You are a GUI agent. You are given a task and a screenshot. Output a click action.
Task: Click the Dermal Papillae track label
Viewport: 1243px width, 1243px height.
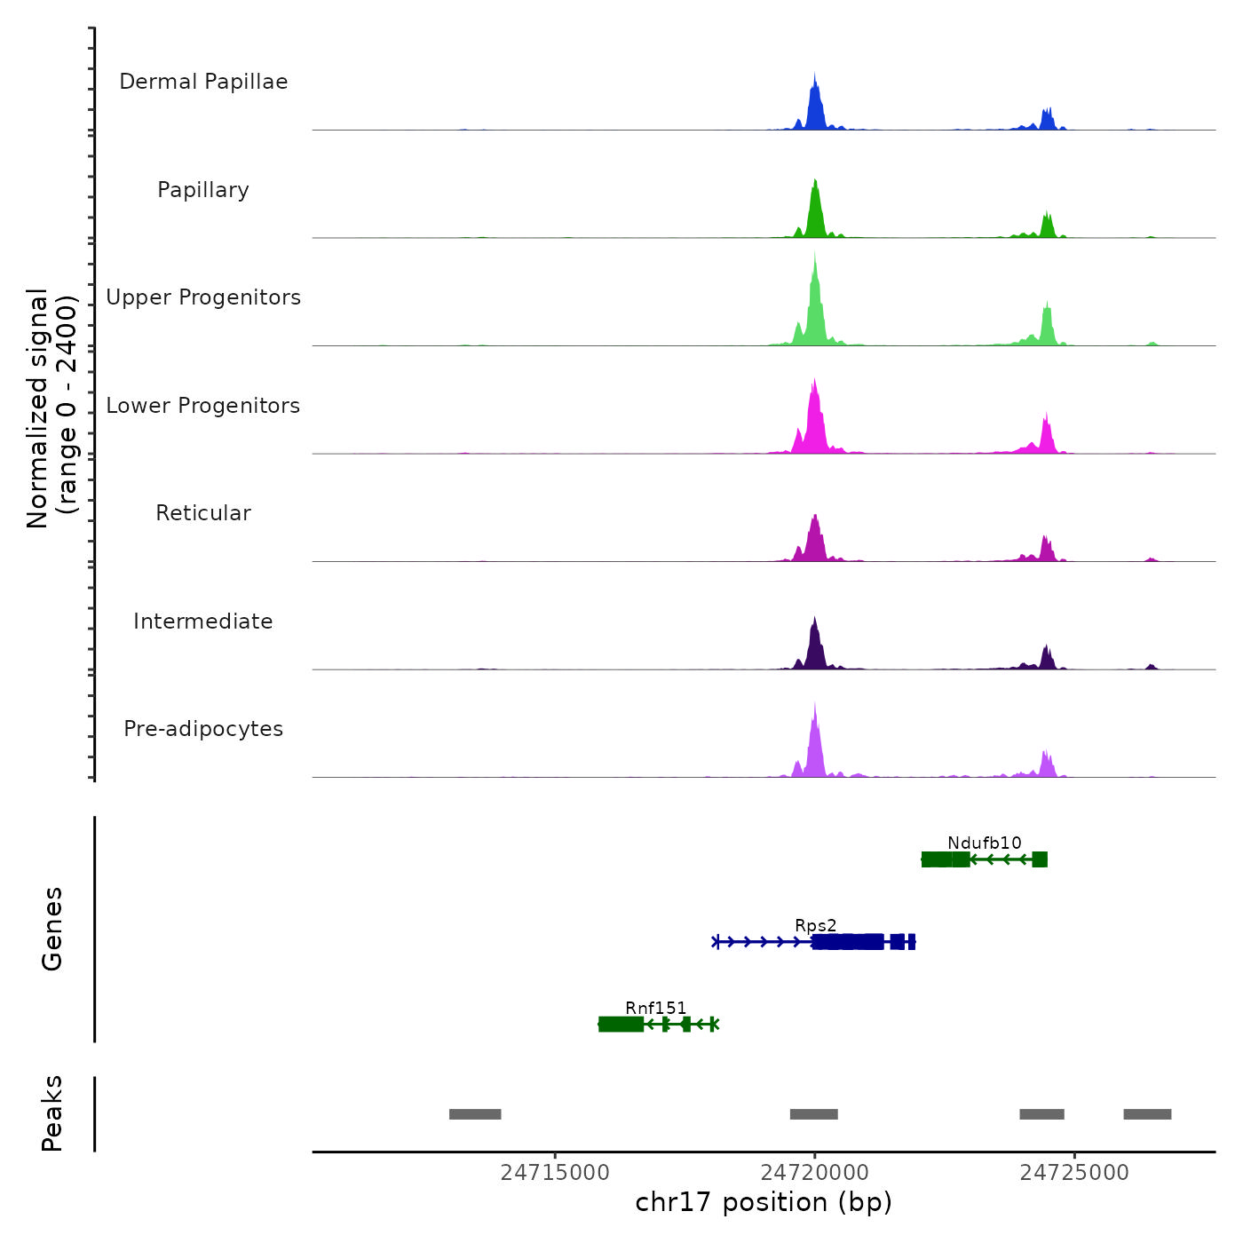pyautogui.click(x=203, y=82)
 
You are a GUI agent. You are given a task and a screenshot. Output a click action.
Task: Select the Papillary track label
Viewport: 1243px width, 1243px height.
pyautogui.click(x=203, y=190)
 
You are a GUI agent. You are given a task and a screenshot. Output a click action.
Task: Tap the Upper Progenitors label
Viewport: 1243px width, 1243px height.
pyautogui.click(x=203, y=297)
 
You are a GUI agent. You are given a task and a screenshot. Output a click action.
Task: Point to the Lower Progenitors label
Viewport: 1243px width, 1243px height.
pyautogui.click(x=203, y=406)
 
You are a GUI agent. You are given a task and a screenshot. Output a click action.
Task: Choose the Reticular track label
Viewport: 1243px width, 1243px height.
pyautogui.click(x=203, y=513)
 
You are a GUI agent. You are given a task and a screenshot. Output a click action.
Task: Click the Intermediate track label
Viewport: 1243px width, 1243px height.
pyautogui.click(x=203, y=621)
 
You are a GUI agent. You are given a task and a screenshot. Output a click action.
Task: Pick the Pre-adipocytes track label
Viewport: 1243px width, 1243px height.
pyautogui.click(x=203, y=729)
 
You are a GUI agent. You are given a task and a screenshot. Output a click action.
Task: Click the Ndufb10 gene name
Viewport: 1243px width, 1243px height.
pyautogui.click(x=984, y=843)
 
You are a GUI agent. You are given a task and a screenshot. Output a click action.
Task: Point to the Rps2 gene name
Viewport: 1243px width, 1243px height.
pyautogui.click(x=815, y=925)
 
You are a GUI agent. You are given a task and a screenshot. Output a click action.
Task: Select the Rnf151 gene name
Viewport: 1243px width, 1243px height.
pyautogui.click(x=655, y=1008)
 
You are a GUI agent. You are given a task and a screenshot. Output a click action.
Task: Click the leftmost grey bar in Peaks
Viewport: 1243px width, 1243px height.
pyautogui.click(x=475, y=1114)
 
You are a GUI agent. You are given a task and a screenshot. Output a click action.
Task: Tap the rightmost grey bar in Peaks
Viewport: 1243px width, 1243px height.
pyautogui.click(x=1147, y=1114)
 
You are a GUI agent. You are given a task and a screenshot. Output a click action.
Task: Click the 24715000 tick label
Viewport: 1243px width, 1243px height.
pyautogui.click(x=555, y=1173)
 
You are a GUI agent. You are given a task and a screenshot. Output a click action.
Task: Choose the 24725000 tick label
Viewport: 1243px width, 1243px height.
pyautogui.click(x=1074, y=1173)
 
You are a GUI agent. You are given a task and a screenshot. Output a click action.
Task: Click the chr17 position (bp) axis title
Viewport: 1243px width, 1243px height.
pyautogui.click(x=764, y=1202)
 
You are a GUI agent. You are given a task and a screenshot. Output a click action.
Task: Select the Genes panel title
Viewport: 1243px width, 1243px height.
pyautogui.click(x=51, y=929)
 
